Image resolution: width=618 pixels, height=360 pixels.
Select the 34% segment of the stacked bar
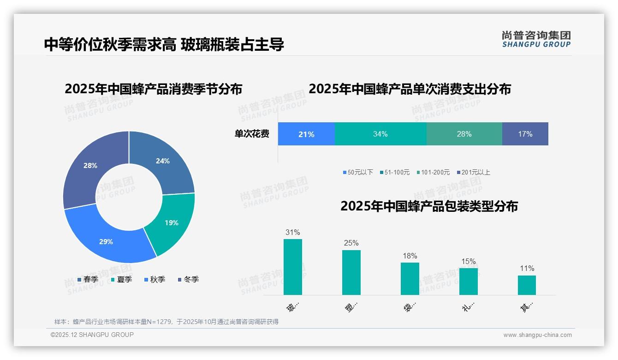point(380,134)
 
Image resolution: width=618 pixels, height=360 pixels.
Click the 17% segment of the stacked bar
point(525,134)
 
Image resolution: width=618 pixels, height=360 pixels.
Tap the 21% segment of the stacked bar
point(306,134)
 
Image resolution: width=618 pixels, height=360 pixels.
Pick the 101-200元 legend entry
point(433,173)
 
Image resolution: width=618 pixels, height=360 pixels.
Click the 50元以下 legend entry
point(358,173)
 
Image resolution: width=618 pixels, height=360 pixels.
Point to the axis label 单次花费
point(252,134)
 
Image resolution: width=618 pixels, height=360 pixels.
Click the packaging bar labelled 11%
point(527,285)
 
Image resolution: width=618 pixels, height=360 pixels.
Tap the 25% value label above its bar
point(351,243)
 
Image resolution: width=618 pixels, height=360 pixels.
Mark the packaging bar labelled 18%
point(410,279)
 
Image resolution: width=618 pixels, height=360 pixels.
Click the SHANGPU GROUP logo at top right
point(536,39)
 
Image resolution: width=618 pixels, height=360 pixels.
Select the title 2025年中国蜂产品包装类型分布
point(429,206)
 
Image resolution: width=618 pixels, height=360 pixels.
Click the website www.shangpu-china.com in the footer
point(537,335)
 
